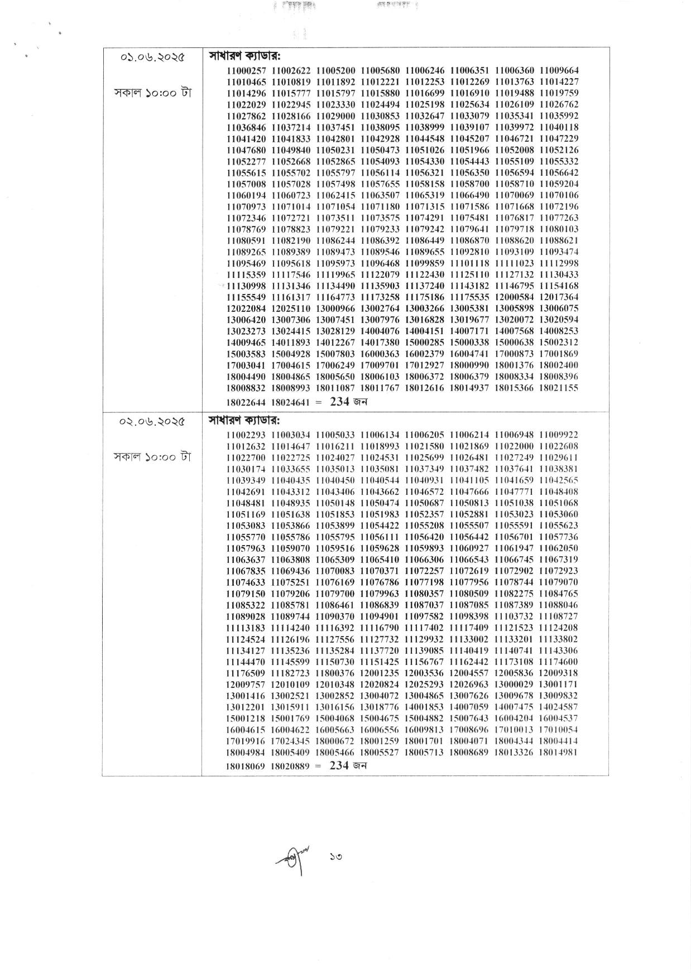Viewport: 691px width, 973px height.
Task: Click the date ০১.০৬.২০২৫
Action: coord(153,57)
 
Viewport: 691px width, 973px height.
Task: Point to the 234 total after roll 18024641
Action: coord(339,402)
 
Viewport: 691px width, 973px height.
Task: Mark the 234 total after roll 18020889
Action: coord(339,765)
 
